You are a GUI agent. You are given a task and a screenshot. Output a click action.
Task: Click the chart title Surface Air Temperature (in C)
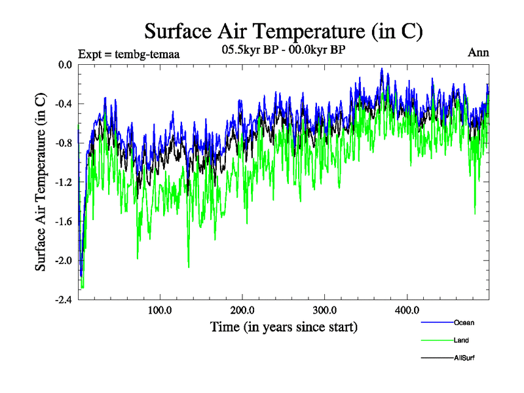point(284,31)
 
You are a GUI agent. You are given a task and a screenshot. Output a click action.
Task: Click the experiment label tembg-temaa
point(128,54)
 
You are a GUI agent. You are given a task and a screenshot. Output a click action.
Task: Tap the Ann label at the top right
point(478,52)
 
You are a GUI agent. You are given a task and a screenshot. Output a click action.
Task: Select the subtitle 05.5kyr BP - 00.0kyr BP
point(284,50)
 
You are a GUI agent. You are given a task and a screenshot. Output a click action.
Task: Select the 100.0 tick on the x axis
point(160,310)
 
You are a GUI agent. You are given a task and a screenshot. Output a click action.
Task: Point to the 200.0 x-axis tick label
point(242,310)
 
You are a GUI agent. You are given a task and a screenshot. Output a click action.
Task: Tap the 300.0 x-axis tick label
point(325,310)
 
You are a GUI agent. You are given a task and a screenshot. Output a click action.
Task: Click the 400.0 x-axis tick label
point(407,310)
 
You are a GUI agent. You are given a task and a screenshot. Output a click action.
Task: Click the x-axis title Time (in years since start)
point(284,326)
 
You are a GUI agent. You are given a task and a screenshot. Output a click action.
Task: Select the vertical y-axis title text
point(41,182)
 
